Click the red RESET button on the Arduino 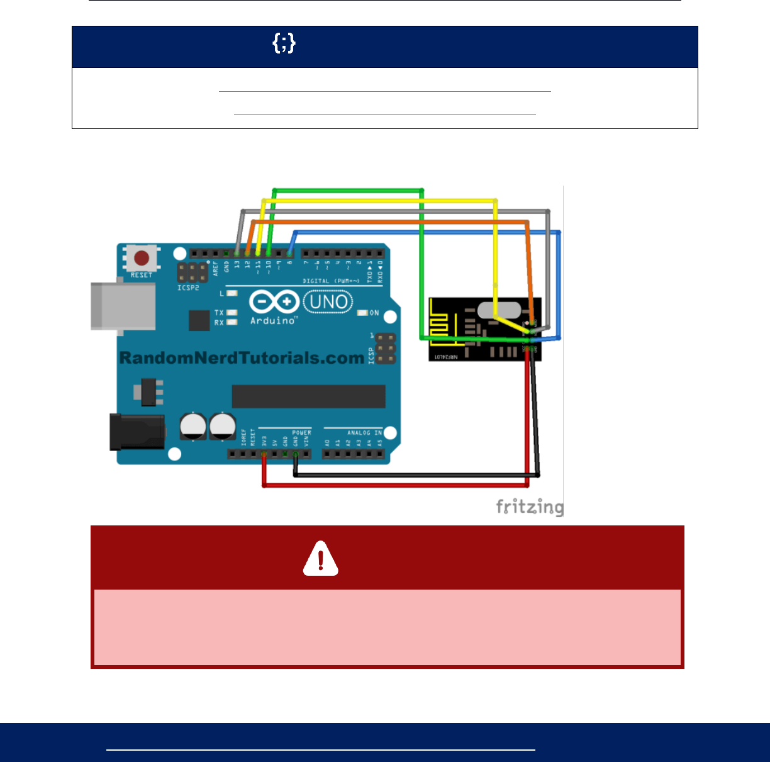tap(142, 258)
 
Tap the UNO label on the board tap(328, 303)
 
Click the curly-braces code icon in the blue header tap(284, 43)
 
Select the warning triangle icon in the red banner tap(321, 558)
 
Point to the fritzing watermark tap(529, 507)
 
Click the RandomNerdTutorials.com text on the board tap(242, 358)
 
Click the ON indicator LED tap(362, 313)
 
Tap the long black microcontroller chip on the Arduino tap(308, 396)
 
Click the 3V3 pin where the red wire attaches tap(264, 454)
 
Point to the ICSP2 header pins tap(192, 272)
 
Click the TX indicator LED tap(232, 313)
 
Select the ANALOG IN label tap(364, 432)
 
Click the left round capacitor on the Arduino tap(193, 425)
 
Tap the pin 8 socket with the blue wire tap(289, 254)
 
